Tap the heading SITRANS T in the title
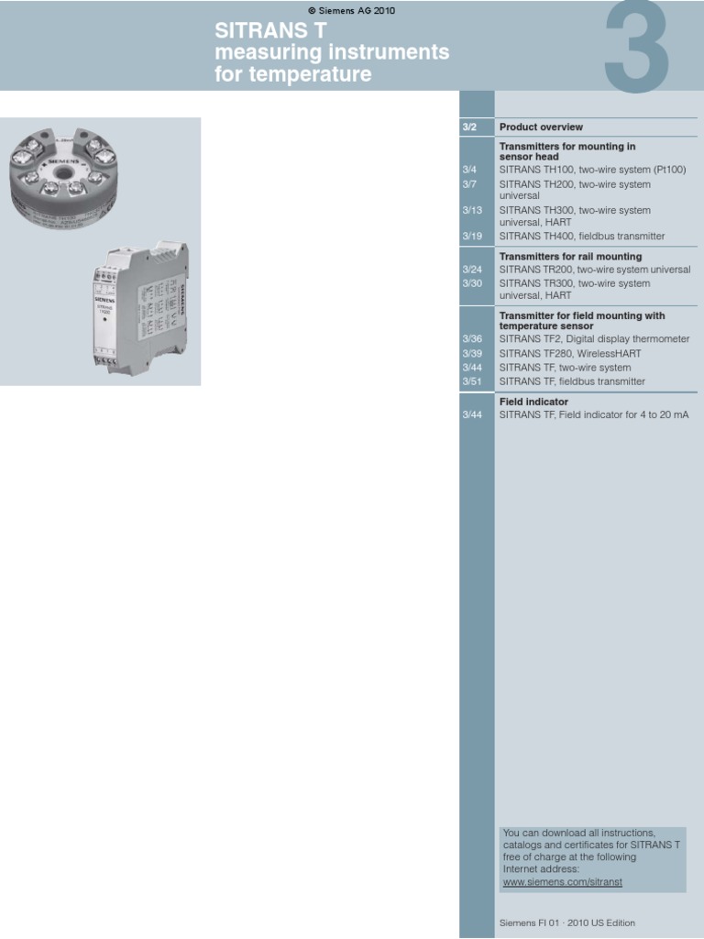(x=270, y=31)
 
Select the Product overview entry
(x=541, y=127)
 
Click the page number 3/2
(x=469, y=127)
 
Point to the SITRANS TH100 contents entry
(x=592, y=170)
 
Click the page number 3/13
(x=472, y=210)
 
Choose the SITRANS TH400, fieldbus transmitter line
(x=582, y=237)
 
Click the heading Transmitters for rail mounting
(x=570, y=257)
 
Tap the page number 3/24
(x=472, y=270)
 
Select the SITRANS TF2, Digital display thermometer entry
(x=594, y=339)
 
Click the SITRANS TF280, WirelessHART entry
(x=570, y=353)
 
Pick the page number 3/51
(x=472, y=381)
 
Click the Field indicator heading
(x=533, y=402)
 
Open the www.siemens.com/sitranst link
(x=562, y=882)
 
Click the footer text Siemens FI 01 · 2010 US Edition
(x=566, y=923)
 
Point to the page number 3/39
(x=472, y=353)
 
